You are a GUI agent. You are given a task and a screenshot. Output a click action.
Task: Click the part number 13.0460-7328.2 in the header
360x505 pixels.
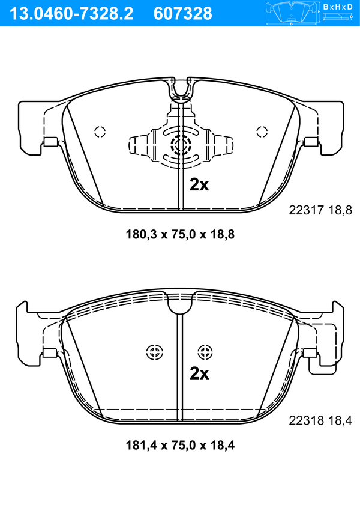click(x=71, y=14)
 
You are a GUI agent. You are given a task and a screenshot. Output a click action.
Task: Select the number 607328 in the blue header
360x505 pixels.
click(x=183, y=14)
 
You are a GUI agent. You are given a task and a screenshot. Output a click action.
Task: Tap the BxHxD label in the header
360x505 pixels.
click(x=338, y=7)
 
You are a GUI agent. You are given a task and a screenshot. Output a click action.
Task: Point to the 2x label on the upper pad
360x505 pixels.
click(x=199, y=184)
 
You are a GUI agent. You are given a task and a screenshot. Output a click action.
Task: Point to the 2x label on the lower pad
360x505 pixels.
click(x=199, y=373)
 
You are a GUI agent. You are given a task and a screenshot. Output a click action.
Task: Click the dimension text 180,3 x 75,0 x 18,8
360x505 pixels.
click(x=180, y=234)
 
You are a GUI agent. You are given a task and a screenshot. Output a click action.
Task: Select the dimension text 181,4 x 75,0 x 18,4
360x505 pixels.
click(x=180, y=446)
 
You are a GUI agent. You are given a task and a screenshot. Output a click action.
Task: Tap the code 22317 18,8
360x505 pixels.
click(x=320, y=210)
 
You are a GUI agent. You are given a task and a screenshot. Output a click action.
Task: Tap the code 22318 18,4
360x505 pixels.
click(x=320, y=420)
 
